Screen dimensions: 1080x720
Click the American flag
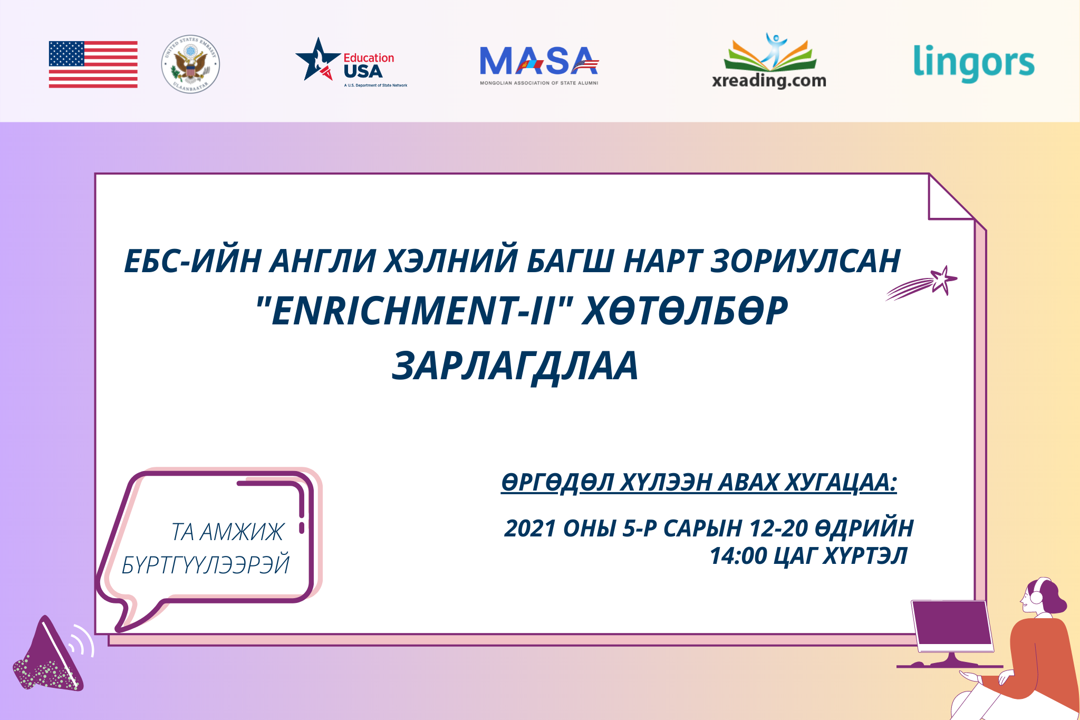click(x=93, y=64)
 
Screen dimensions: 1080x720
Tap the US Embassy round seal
click(x=190, y=64)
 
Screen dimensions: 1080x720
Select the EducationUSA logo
click(x=351, y=62)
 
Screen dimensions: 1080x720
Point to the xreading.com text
click(x=769, y=81)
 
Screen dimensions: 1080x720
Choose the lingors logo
click(x=973, y=63)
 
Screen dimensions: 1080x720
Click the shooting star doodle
click(x=921, y=283)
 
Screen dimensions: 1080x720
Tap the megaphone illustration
click(x=53, y=654)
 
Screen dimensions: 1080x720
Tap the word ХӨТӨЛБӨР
click(x=685, y=311)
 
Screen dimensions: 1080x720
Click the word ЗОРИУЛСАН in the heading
click(x=805, y=261)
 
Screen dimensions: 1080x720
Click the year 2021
click(x=531, y=528)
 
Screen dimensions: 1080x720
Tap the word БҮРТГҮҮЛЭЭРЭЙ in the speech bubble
click(x=206, y=564)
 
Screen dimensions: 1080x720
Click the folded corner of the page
click(x=951, y=197)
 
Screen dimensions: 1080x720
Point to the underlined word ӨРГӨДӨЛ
click(x=557, y=482)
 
